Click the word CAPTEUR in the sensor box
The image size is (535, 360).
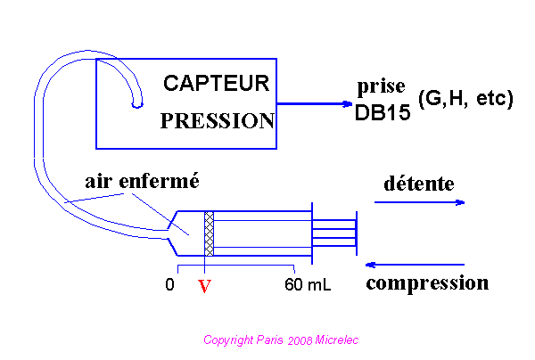216,84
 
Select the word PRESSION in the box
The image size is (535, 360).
217,121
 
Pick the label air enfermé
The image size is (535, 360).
141,181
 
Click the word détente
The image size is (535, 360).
418,184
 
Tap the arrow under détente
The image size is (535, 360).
419,202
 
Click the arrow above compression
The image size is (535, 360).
415,265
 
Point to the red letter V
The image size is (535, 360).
204,287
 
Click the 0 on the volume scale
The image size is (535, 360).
169,285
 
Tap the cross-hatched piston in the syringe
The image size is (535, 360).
210,234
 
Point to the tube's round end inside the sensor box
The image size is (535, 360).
136,104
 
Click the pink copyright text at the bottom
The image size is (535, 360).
281,340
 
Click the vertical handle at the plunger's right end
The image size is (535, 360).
356,233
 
